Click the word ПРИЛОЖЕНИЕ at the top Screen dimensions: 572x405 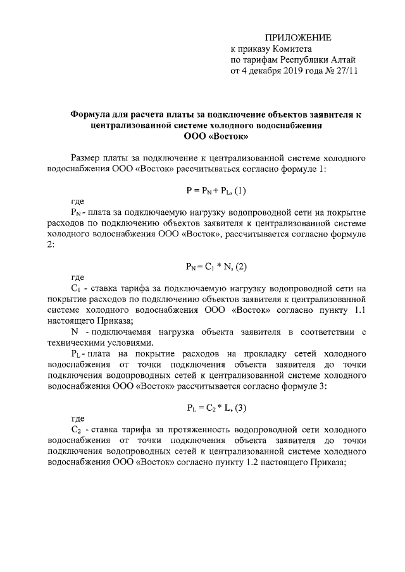(297, 39)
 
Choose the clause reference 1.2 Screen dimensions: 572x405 (247, 461)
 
